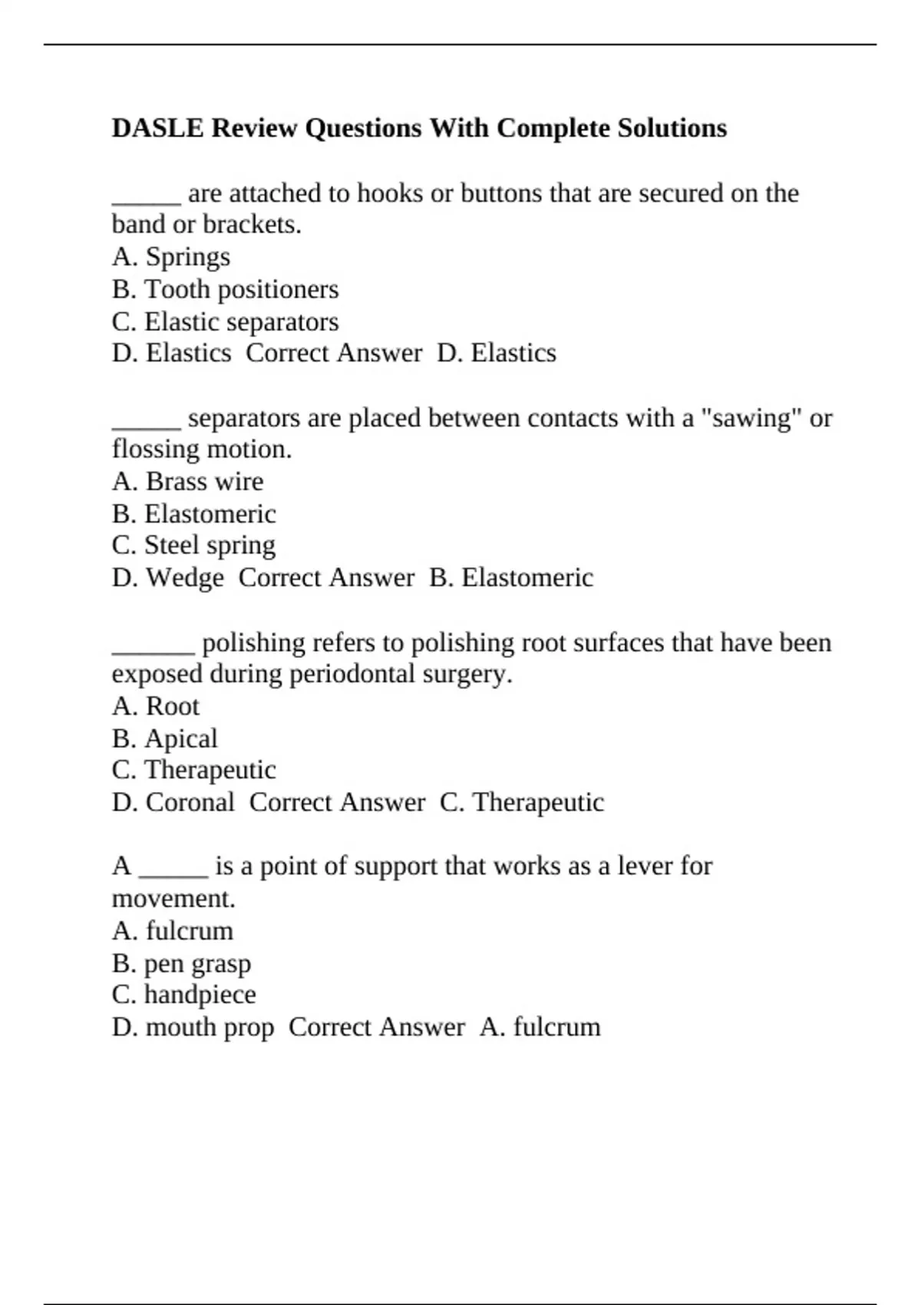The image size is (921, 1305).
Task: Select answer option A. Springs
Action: [x=170, y=256]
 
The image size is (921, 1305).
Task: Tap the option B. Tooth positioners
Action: [x=225, y=289]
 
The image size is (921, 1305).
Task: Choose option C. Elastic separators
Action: [x=225, y=322]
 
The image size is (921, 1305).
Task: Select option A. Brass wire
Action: [x=187, y=481]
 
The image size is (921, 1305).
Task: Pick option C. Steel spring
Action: [x=193, y=545]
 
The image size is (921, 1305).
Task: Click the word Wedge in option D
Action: [x=185, y=577]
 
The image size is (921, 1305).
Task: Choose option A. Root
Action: [x=155, y=706]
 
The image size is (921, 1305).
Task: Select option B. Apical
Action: [x=164, y=738]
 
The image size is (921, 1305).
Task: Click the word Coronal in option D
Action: [x=190, y=802]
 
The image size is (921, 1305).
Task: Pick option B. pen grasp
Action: [x=181, y=963]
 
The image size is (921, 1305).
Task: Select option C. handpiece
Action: [x=183, y=995]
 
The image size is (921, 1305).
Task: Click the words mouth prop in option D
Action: [x=210, y=1027]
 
